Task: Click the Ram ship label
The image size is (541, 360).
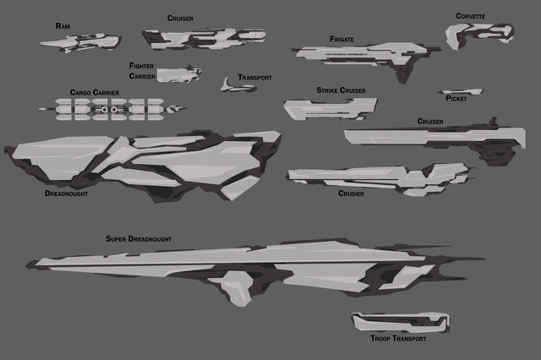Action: click(63, 26)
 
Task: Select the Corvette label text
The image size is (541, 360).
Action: click(470, 16)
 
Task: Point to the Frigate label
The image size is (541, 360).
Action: click(342, 39)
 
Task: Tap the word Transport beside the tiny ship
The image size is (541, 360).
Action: click(254, 78)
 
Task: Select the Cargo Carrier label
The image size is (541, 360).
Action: click(94, 93)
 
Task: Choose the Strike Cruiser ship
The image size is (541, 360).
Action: click(328, 107)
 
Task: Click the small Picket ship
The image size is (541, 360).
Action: click(460, 92)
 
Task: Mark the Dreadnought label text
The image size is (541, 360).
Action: click(66, 193)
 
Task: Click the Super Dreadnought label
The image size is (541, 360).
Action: click(139, 239)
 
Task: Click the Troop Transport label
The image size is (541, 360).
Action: click(397, 338)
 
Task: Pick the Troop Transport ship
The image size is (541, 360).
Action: click(399, 321)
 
